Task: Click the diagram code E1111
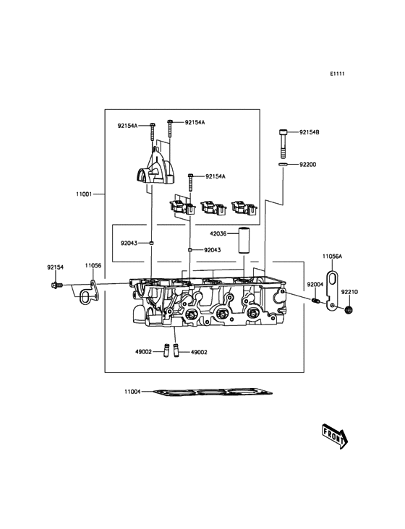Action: (338, 74)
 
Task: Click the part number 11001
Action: (85, 194)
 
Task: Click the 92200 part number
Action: (308, 165)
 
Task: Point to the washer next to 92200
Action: (283, 165)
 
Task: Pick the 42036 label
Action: (218, 233)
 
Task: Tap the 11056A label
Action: (333, 257)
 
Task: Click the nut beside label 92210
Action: (349, 309)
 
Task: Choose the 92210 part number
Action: (349, 292)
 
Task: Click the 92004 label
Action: (315, 285)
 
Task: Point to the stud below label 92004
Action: (315, 301)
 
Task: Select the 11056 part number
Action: (93, 266)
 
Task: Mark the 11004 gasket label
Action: (132, 392)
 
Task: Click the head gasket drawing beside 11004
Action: (213, 393)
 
